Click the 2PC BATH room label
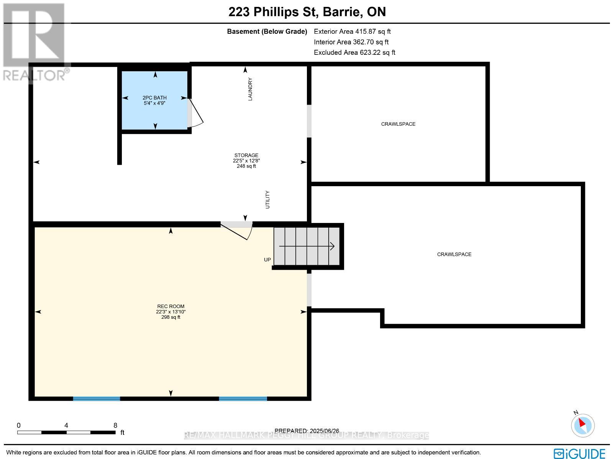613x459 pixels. click(x=155, y=98)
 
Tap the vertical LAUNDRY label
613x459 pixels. click(x=250, y=89)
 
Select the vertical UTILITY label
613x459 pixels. click(x=267, y=200)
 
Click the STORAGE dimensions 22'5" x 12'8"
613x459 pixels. click(x=246, y=161)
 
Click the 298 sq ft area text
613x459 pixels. click(x=171, y=317)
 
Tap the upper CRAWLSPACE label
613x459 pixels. click(x=398, y=124)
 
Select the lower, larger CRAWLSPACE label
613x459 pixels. click(x=454, y=254)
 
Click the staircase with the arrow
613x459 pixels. click(x=307, y=246)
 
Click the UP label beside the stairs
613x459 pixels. click(x=267, y=260)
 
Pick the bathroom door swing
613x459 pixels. click(x=195, y=113)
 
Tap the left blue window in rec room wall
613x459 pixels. click(x=97, y=398)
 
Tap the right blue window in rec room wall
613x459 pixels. click(x=243, y=398)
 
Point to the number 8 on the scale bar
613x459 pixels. click(x=115, y=425)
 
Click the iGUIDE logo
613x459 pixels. click(x=580, y=453)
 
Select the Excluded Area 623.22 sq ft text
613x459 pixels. click(x=354, y=52)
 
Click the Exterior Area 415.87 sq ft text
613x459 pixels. click(x=352, y=32)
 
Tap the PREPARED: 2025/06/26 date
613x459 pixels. click(x=307, y=431)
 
